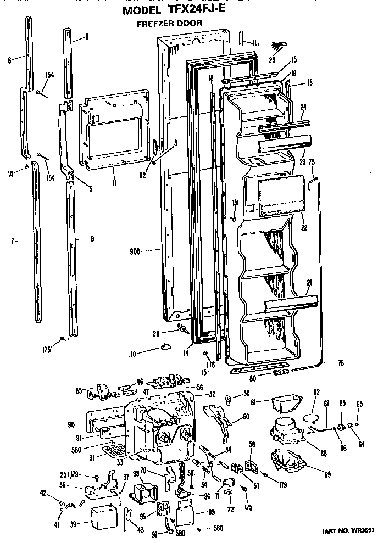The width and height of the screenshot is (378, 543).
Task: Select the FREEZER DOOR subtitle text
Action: (169, 23)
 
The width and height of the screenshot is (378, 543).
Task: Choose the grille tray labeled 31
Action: (116, 451)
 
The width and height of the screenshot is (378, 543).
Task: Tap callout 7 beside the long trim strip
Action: (14, 240)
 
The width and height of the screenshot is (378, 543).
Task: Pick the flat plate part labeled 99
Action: (183, 517)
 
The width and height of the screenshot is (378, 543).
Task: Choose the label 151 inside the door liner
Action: (235, 203)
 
